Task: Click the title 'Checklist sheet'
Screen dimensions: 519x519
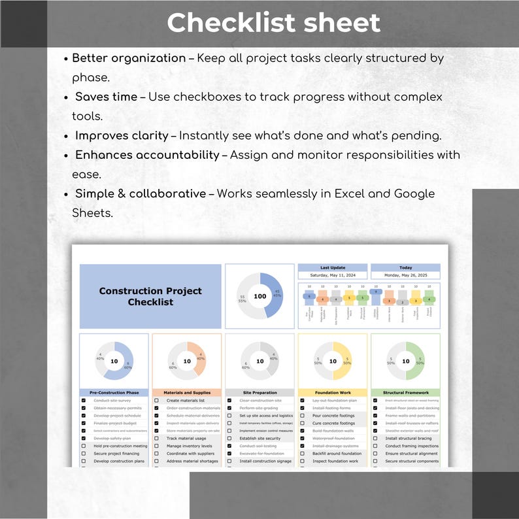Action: [273, 23]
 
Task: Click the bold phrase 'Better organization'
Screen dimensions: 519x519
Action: [129, 58]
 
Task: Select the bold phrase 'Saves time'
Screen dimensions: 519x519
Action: [106, 97]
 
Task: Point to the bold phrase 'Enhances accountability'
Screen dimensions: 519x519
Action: [147, 156]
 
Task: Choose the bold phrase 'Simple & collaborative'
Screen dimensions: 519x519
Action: [140, 194]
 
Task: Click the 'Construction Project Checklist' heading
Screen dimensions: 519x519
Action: [150, 296]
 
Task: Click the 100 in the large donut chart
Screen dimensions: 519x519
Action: [259, 296]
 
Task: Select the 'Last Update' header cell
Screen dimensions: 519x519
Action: [333, 267]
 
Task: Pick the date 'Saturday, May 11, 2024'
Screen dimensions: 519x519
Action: [333, 275]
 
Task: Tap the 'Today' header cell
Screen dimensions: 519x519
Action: [405, 267]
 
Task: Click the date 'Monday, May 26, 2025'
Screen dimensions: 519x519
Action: [405, 275]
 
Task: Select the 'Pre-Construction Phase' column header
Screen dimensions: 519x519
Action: [114, 393]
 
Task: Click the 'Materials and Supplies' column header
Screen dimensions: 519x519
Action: [187, 393]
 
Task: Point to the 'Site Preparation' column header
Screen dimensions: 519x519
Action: [259, 393]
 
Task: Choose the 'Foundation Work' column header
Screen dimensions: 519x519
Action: [333, 393]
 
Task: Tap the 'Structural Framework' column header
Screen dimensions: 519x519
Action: [405, 393]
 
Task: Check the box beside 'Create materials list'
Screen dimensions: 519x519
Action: [156, 401]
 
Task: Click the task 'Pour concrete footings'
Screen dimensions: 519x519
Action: [333, 416]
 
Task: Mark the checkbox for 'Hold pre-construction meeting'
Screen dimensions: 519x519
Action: [84, 446]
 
